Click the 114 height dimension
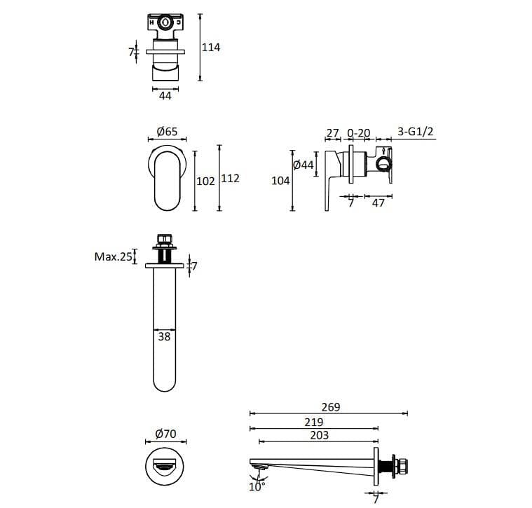pos(211,48)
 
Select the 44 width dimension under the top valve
pos(165,96)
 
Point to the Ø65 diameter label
pos(167,132)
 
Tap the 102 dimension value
pos(205,181)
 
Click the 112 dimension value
pos(230,179)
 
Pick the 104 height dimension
pos(280,181)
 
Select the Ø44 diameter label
pos(303,165)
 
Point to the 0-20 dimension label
pos(359,132)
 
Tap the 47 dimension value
pos(378,203)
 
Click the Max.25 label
pos(113,257)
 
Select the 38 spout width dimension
pos(164,336)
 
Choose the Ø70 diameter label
pos(165,434)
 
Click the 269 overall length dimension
pos(330,407)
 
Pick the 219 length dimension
pos(314,422)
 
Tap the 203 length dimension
pos(318,435)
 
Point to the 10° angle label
pos(257,486)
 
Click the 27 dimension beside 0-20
pos(333,132)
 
